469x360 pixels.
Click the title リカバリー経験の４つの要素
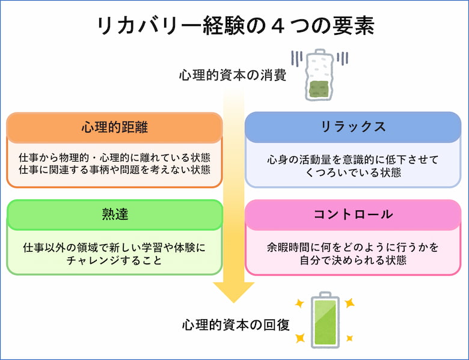click(x=235, y=26)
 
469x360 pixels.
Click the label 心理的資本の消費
click(x=233, y=75)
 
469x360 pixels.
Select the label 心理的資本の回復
click(x=236, y=325)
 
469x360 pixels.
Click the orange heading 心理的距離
click(x=115, y=127)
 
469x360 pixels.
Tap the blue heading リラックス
click(x=353, y=126)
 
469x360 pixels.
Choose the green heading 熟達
click(x=115, y=214)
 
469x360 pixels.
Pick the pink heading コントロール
click(x=353, y=214)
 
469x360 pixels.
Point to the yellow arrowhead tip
click(x=234, y=302)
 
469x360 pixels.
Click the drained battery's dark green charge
click(x=319, y=89)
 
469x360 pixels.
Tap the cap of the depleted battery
click(x=320, y=52)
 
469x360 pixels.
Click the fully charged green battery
click(x=325, y=320)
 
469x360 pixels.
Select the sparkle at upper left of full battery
click(x=299, y=304)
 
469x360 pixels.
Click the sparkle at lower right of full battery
click(x=350, y=338)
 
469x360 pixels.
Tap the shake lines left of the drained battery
click(x=297, y=59)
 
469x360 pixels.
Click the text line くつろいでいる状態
click(x=353, y=172)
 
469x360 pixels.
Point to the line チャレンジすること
click(x=115, y=260)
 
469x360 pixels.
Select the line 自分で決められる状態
click(x=353, y=260)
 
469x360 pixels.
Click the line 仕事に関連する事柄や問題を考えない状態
click(x=115, y=169)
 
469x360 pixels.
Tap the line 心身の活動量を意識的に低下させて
click(x=353, y=160)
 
